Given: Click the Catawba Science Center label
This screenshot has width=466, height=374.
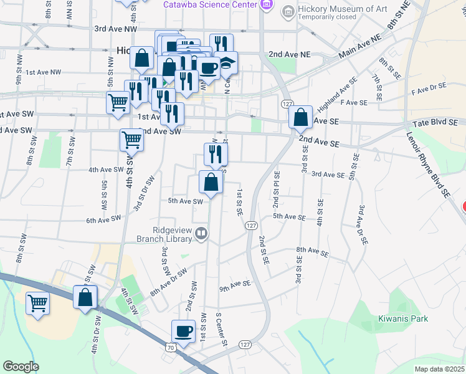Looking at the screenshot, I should click(x=210, y=4).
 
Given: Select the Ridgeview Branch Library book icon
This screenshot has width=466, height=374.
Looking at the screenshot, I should click(x=201, y=234).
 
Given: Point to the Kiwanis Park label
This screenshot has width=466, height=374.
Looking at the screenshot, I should click(x=403, y=319).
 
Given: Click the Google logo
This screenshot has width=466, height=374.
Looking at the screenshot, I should click(x=21, y=367).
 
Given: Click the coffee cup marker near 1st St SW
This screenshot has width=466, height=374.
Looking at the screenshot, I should click(x=183, y=331).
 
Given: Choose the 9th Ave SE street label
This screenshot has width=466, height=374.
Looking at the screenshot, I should click(x=235, y=284).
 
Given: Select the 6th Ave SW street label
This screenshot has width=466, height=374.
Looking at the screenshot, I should click(x=103, y=219).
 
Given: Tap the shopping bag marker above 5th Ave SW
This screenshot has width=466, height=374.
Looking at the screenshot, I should click(x=211, y=183).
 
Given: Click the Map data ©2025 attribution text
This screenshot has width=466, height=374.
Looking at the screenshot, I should click(x=439, y=369).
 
